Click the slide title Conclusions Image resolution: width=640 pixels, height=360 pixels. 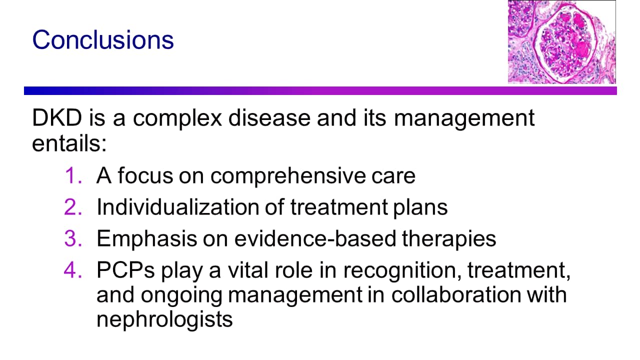pos(103,39)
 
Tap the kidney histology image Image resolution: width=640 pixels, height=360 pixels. pos(561,41)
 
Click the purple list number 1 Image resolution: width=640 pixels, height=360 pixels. pos(73,175)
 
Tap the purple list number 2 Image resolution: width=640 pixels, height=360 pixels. pos(73,207)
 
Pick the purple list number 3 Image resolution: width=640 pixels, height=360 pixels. pos(73,238)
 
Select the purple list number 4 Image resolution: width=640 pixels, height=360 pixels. pos(73,270)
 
